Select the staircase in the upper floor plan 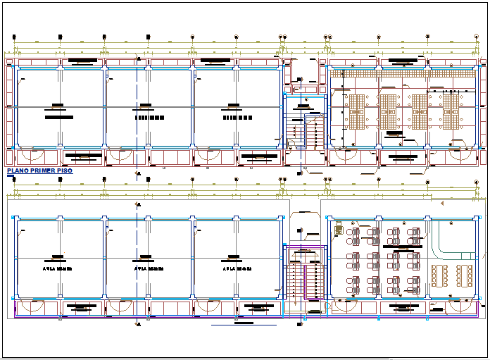tap(310, 131)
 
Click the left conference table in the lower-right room tap(442, 275)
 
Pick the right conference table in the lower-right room tap(464, 275)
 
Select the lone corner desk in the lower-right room tap(339, 229)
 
